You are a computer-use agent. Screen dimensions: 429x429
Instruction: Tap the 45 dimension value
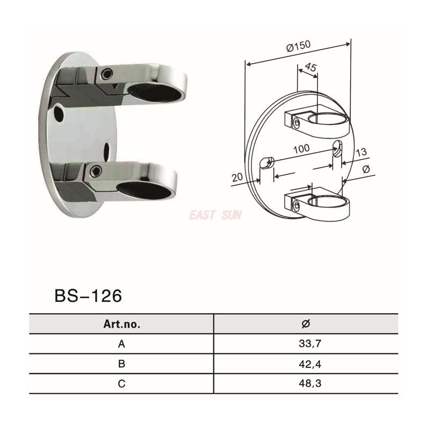point(310,67)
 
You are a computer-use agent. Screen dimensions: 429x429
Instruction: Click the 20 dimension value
point(237,177)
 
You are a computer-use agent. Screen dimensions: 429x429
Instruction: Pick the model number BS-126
point(88,295)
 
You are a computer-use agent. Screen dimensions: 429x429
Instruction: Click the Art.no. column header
point(121,324)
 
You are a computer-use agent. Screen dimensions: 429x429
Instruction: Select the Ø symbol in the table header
point(306,324)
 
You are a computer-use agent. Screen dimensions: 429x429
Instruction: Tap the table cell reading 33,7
point(306,344)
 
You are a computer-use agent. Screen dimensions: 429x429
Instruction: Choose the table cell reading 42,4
point(306,364)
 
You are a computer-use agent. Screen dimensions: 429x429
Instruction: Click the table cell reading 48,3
point(306,383)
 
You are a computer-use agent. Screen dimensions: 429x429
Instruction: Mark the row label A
point(121,344)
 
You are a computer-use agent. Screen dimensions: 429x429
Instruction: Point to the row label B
point(121,364)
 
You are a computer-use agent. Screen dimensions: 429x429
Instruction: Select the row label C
point(121,383)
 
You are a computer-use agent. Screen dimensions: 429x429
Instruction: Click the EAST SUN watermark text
point(215,216)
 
